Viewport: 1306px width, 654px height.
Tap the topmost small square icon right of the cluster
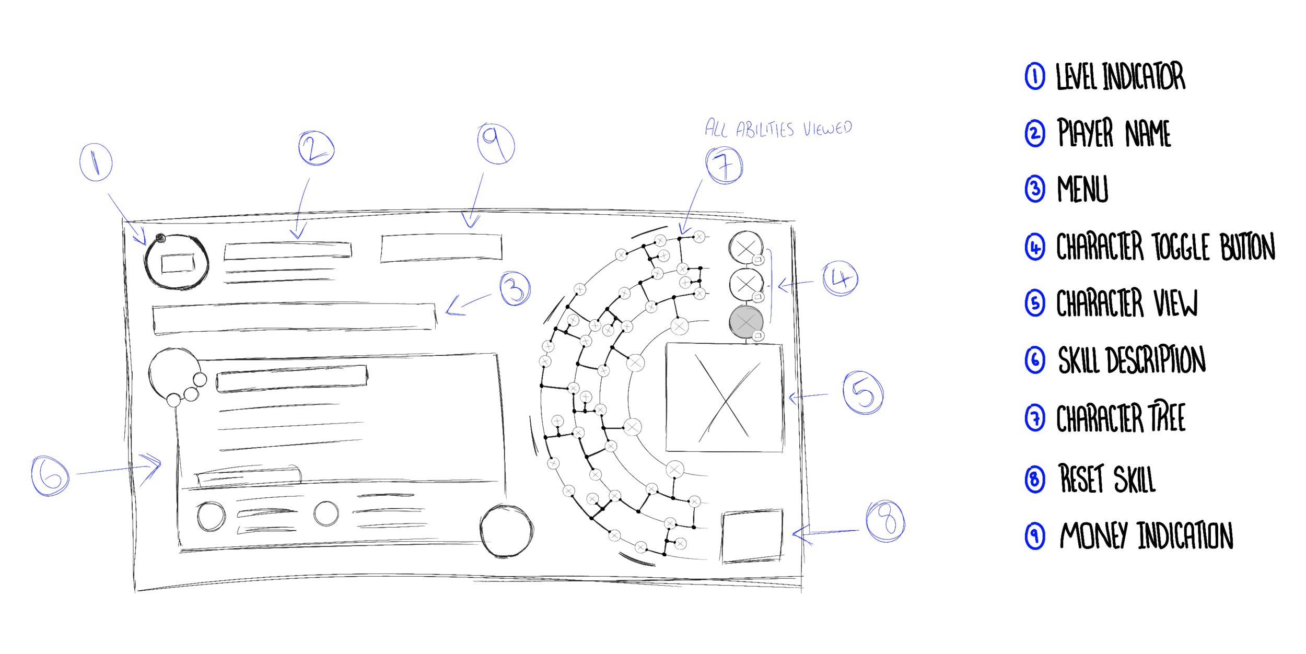(x=759, y=259)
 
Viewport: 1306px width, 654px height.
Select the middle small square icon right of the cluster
(x=759, y=297)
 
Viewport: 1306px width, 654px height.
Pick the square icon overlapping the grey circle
(x=759, y=335)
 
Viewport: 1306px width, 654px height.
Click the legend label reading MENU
(x=1082, y=189)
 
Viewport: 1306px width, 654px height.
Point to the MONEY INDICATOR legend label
(x=1146, y=536)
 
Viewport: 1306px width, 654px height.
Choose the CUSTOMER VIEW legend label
(x=1127, y=302)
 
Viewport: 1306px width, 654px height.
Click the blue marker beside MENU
(x=1036, y=189)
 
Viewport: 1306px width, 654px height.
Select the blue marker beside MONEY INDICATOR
(x=1038, y=536)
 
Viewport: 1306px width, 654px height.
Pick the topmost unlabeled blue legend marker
(x=1034, y=78)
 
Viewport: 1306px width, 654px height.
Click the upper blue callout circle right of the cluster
(x=839, y=279)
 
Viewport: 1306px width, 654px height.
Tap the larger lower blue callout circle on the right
(x=860, y=393)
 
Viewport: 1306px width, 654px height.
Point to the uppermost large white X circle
(x=679, y=326)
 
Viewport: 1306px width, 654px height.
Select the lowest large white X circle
(x=675, y=470)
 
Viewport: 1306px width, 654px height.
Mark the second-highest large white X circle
(x=635, y=363)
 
